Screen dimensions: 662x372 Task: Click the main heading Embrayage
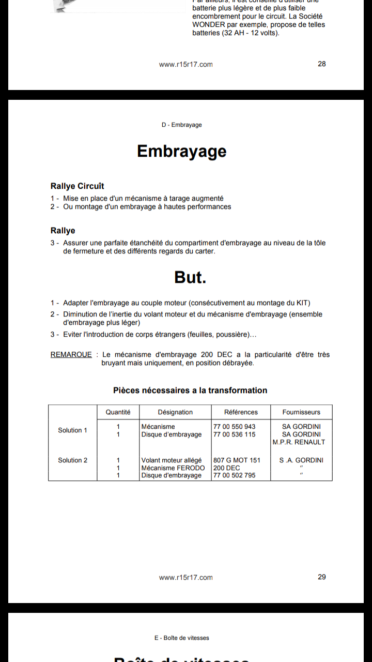(x=182, y=151)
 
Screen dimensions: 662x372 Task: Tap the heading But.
(x=190, y=277)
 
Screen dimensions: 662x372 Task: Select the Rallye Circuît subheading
(x=77, y=186)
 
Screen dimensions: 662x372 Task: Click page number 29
(x=322, y=577)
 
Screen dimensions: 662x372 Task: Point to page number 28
(x=322, y=64)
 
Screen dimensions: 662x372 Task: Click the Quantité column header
(x=118, y=412)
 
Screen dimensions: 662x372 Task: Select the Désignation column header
(x=175, y=412)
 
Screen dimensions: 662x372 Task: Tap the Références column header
(x=241, y=412)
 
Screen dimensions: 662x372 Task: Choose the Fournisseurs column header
(x=301, y=412)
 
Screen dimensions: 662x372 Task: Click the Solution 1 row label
(x=72, y=430)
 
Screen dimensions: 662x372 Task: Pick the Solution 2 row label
(x=72, y=460)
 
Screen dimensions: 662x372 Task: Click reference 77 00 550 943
(x=235, y=427)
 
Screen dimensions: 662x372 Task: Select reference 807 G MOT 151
(x=237, y=460)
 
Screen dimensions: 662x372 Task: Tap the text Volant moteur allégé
(x=172, y=460)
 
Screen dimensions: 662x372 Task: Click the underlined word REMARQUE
(x=71, y=355)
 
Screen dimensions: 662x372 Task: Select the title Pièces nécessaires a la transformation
(x=190, y=390)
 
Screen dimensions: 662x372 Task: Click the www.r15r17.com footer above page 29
(x=186, y=578)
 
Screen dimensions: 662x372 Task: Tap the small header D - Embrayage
(x=181, y=125)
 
